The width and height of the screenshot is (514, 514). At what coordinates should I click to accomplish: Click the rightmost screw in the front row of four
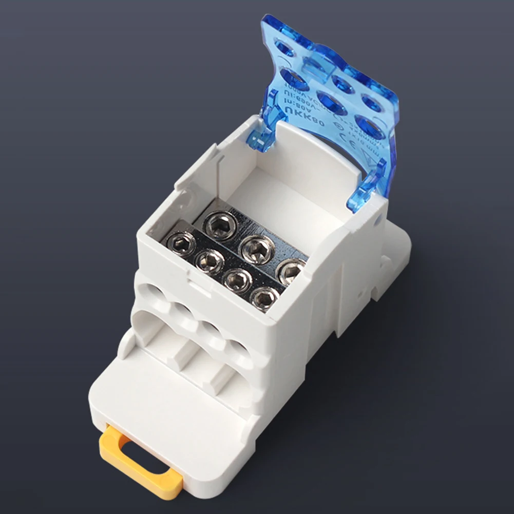[264, 297]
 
